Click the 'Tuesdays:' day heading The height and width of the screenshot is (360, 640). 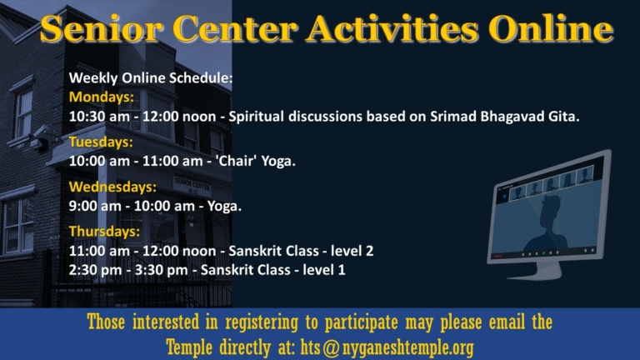[x=101, y=142]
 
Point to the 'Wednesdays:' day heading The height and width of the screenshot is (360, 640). [x=112, y=187]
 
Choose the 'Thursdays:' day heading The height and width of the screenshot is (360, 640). [x=104, y=231]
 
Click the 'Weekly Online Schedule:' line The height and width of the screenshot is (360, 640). [x=150, y=77]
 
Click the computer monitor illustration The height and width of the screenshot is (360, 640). [x=550, y=212]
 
